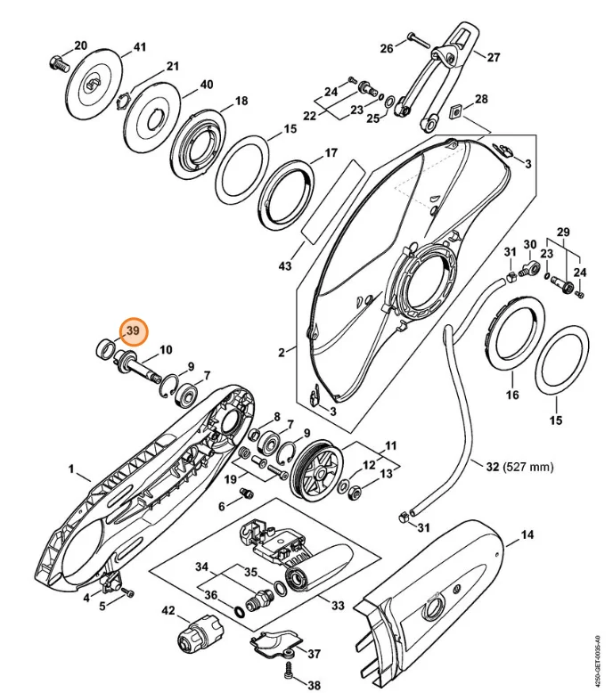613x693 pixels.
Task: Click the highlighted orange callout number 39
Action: click(x=134, y=331)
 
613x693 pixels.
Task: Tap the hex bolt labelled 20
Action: click(x=58, y=62)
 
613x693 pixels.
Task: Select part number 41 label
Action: click(x=140, y=46)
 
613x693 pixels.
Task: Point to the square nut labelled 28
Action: click(x=456, y=112)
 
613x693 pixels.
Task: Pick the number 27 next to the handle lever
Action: click(x=494, y=57)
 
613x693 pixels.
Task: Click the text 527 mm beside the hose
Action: click(x=528, y=467)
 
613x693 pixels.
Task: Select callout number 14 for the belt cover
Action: click(x=527, y=534)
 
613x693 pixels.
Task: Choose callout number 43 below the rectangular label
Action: click(x=285, y=266)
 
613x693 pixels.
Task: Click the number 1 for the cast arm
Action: click(x=71, y=469)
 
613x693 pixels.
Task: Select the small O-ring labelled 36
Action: click(x=239, y=612)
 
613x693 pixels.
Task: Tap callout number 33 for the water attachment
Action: click(x=338, y=605)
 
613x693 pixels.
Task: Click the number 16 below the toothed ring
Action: click(x=512, y=394)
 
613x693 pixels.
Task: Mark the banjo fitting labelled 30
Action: click(x=527, y=268)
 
